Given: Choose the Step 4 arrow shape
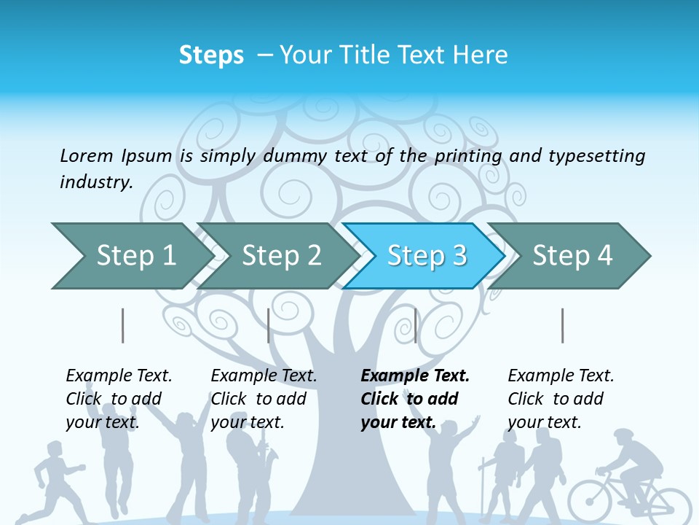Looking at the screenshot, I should pyautogui.click(x=572, y=256).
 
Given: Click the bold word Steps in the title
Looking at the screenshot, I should pyautogui.click(x=211, y=55).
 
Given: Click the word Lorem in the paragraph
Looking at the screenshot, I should pyautogui.click(x=87, y=155).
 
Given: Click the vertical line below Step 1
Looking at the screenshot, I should pyautogui.click(x=123, y=325).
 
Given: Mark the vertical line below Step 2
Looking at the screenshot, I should pyautogui.click(x=269, y=325).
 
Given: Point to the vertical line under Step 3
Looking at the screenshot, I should pyautogui.click(x=415, y=325).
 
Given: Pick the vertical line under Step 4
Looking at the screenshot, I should pyautogui.click(x=562, y=325).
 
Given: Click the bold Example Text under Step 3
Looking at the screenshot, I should pyautogui.click(x=415, y=376).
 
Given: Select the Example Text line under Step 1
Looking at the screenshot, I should pyautogui.click(x=119, y=376).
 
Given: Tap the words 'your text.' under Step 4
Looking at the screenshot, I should pyautogui.click(x=544, y=422).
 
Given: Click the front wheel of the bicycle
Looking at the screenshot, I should pyautogui.click(x=594, y=503).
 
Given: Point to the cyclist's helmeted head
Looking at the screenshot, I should pyautogui.click(x=625, y=439).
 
